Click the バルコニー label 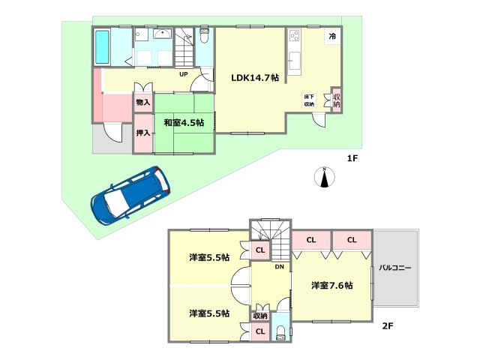pyautogui.click(x=394, y=268)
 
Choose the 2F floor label pyautogui.click(x=388, y=326)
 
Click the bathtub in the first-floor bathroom pyautogui.click(x=103, y=46)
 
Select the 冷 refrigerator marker pyautogui.click(x=331, y=36)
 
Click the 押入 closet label pyautogui.click(x=142, y=133)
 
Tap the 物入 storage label pyautogui.click(x=142, y=102)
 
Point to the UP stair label pyautogui.click(x=183, y=73)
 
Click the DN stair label pyautogui.click(x=278, y=267)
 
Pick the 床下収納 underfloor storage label pyautogui.click(x=309, y=100)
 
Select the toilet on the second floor pyautogui.click(x=280, y=332)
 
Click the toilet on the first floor pyautogui.click(x=204, y=37)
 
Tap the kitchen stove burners pyautogui.click(x=293, y=35)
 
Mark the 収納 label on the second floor pyautogui.click(x=260, y=316)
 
